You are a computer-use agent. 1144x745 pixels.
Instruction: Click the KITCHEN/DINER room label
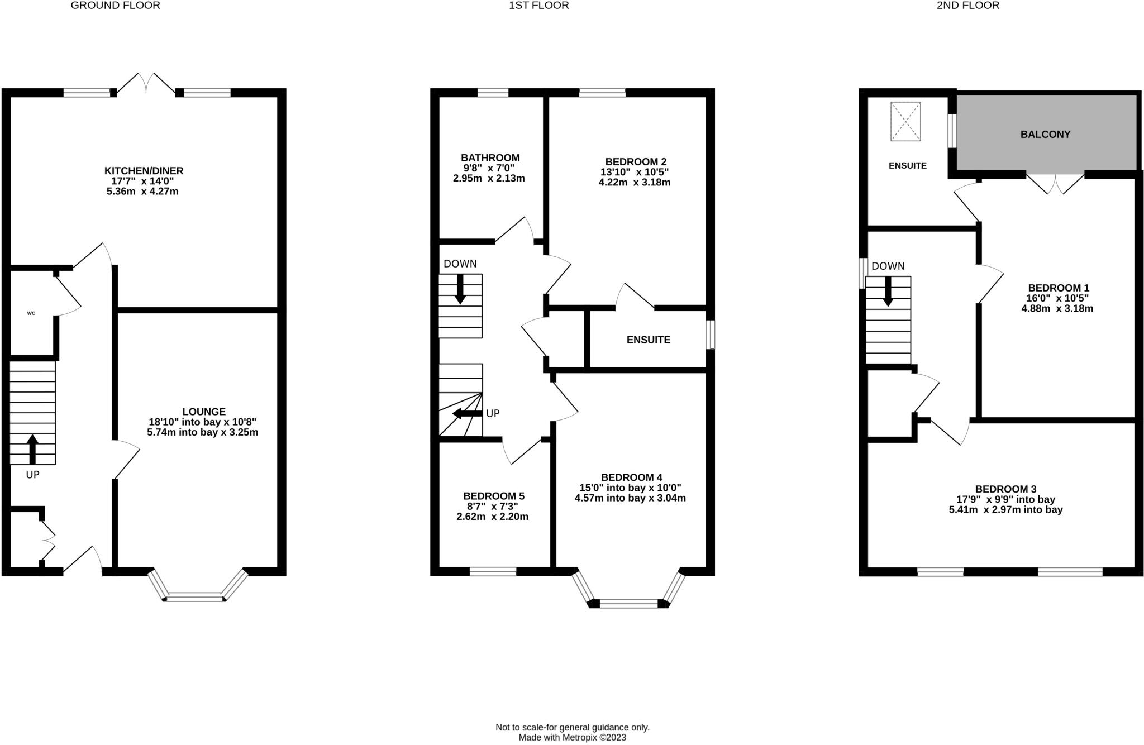tap(144, 171)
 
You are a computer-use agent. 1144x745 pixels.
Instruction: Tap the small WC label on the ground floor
tap(31, 313)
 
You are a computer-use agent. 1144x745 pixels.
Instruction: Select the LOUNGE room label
tap(203, 412)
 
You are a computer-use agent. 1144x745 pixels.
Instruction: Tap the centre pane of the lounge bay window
tap(194, 598)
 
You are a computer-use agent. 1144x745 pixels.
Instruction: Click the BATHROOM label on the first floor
tap(490, 158)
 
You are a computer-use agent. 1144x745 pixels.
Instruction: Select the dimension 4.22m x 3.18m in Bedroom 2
tap(634, 183)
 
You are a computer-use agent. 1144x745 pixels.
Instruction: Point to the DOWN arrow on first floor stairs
tap(460, 289)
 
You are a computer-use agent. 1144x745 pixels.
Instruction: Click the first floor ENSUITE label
tap(648, 340)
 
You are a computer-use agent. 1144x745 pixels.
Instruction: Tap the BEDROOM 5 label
tap(493, 496)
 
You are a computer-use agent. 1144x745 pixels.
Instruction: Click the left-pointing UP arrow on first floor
tap(467, 413)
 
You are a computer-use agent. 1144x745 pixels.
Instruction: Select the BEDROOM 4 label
tap(631, 477)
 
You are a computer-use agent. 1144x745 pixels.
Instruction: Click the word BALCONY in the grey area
tap(1045, 135)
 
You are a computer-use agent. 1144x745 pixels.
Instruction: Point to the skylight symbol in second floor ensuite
tap(905, 121)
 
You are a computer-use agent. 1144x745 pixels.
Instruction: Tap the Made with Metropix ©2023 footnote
tap(572, 737)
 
